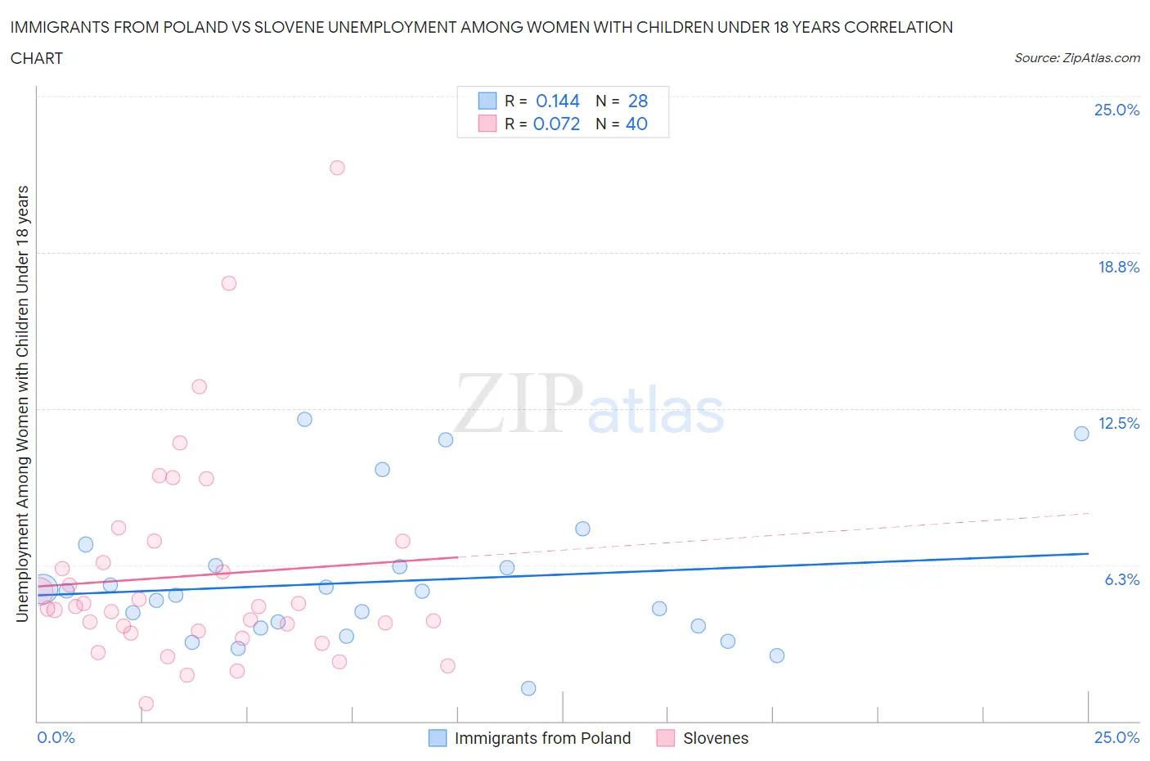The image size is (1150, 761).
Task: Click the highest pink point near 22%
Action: pos(337,168)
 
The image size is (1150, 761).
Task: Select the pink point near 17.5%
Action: pos(229,283)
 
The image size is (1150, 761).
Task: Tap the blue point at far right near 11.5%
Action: pos(1081,434)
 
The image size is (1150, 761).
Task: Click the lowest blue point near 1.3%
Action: pos(528,688)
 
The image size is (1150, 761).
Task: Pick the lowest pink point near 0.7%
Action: pos(146,704)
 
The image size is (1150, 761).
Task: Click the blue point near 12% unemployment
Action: pos(304,419)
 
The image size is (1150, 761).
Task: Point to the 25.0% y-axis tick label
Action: pos(1116,110)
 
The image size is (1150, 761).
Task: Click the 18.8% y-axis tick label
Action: pos(1118,267)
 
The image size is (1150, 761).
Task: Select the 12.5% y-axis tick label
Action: pos(1118,423)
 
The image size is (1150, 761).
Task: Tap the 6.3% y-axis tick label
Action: pos(1121,579)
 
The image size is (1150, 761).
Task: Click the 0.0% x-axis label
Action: pos(56,737)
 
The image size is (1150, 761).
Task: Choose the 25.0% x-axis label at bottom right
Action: pos(1116,737)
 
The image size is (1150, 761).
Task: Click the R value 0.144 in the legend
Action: pos(557,101)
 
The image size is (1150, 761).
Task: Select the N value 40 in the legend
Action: pos(636,124)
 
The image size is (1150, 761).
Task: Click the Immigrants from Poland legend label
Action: pos(542,738)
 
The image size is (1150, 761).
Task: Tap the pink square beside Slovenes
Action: pos(666,738)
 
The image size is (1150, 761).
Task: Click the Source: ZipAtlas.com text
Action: pos(1076,58)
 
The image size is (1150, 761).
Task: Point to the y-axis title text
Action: pos(22,403)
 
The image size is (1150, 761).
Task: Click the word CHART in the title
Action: pos(37,58)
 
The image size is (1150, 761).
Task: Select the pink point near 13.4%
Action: pos(199,386)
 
